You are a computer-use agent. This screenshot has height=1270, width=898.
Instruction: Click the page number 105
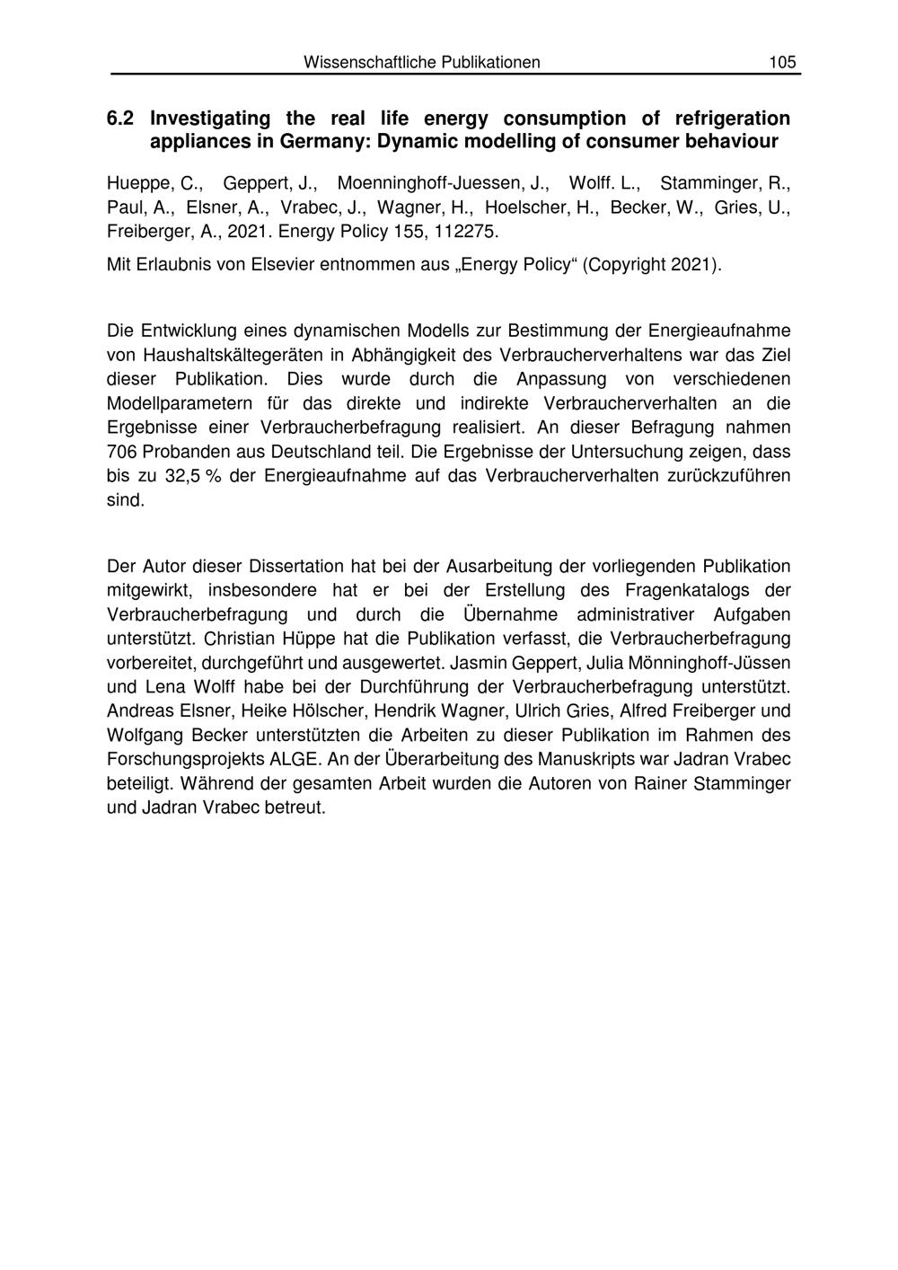(781, 62)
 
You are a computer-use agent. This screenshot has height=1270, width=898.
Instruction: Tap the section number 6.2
(120, 118)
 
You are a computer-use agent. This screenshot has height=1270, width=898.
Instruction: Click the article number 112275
(465, 232)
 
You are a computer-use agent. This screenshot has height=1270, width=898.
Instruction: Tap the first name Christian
(240, 639)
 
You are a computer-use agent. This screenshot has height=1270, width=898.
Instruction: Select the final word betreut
(293, 807)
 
